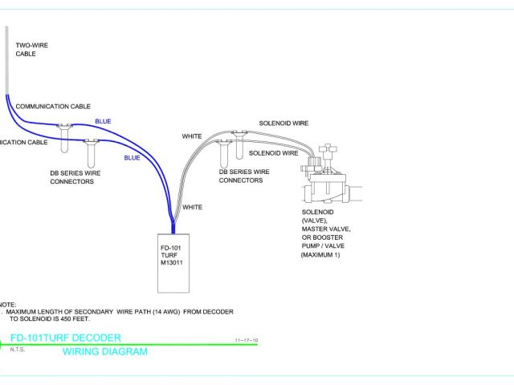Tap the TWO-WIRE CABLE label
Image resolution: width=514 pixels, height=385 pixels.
[x=32, y=50]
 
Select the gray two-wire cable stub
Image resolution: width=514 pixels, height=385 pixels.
[x=7, y=60]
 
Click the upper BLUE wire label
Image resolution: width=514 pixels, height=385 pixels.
[x=103, y=121]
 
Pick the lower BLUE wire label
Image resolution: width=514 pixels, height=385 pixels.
[x=132, y=158]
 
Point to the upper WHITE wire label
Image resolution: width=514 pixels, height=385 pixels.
[x=192, y=136]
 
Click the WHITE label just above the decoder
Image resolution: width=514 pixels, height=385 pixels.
[x=193, y=207]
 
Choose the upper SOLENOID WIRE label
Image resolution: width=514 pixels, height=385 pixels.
[x=283, y=124]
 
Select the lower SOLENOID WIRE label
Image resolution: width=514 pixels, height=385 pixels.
[x=273, y=152]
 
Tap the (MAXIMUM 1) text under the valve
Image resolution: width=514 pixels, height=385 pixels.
[x=321, y=255]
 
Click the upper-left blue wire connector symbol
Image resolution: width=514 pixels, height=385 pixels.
[x=63, y=127]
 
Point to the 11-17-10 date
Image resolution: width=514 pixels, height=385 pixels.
[x=247, y=341]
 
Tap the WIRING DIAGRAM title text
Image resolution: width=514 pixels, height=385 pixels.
[x=105, y=351]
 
